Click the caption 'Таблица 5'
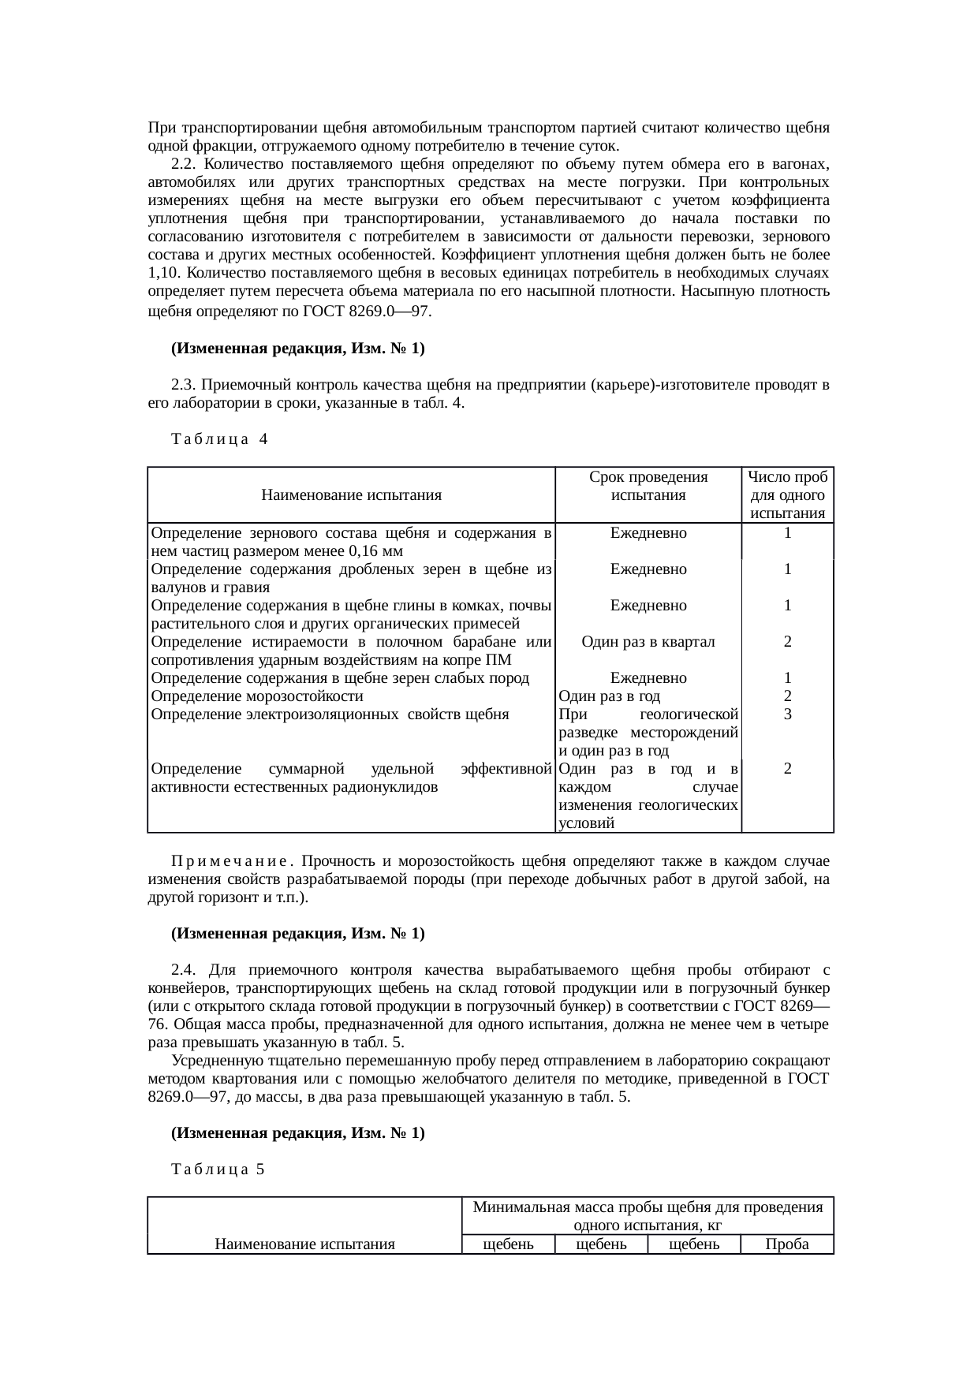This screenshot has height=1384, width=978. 218,1169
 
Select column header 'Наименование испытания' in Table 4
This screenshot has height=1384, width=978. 351,495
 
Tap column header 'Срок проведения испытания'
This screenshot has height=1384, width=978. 648,486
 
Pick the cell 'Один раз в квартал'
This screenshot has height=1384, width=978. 648,642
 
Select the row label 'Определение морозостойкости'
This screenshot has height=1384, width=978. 257,696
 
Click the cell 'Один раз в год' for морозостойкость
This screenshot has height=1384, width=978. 609,696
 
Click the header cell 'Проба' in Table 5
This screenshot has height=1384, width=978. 787,1244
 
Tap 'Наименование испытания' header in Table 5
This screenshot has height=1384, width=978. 304,1244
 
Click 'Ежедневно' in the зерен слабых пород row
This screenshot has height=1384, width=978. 648,678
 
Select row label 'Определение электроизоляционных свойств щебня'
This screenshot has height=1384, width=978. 330,714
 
